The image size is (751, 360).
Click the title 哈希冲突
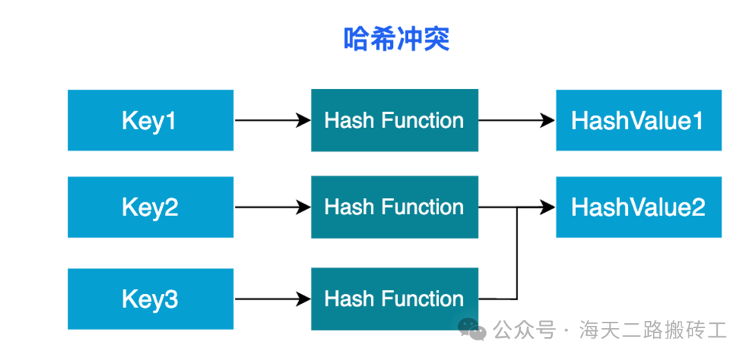pos(396,39)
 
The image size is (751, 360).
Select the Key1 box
pos(150,120)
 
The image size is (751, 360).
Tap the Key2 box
pos(150,207)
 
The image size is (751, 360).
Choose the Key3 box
pos(150,299)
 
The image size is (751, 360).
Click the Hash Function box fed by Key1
pos(395,120)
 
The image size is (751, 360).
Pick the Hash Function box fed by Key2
pos(395,207)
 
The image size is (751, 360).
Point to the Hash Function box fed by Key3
pos(395,299)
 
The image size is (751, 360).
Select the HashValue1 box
pos(638,120)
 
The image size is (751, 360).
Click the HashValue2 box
pos(638,207)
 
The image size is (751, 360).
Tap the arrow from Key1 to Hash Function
pos(273,121)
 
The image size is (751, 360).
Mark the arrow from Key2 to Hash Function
pos(273,207)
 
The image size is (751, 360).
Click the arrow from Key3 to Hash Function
pos(273,300)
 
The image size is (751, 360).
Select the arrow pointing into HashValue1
pos(517,121)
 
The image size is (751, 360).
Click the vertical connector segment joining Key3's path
pos(517,253)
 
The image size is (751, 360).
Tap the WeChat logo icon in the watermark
pos(471,329)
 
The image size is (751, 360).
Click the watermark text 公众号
pos(525,330)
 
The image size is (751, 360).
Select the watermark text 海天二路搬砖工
pos(653,330)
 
